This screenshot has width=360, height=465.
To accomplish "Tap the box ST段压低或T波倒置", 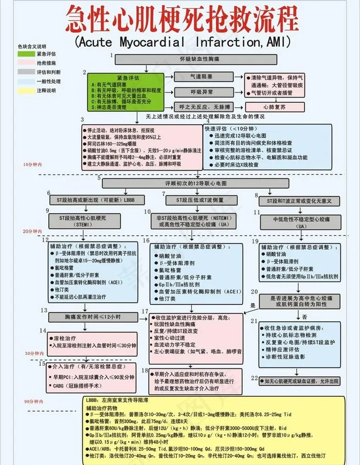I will [193, 200].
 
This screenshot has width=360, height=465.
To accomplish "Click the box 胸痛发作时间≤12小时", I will [93, 316].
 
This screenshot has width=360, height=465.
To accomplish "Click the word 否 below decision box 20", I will [304, 316].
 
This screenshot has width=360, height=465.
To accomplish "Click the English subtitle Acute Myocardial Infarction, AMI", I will [182, 41].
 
